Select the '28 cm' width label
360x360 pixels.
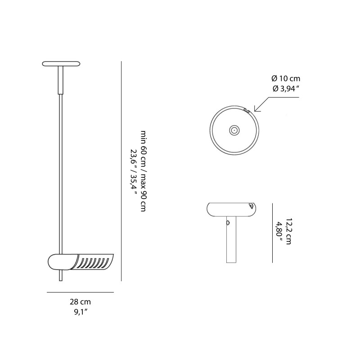point(81,302)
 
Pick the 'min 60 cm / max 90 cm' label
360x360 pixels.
point(143,171)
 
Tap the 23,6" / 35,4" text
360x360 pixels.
point(133,171)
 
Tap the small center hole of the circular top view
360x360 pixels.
point(234,130)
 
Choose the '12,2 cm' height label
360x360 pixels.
point(288,232)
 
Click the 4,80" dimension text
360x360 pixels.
point(279,232)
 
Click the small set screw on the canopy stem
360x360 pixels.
point(228,222)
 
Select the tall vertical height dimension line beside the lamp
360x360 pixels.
point(121,171)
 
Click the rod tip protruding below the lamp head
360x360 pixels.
point(60,276)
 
